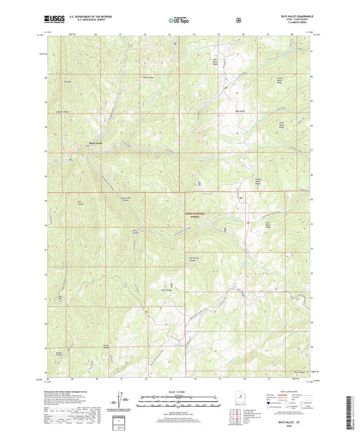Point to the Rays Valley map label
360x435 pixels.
pyautogui.click(x=240, y=111)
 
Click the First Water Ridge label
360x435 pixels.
pyautogui.click(x=268, y=226)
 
